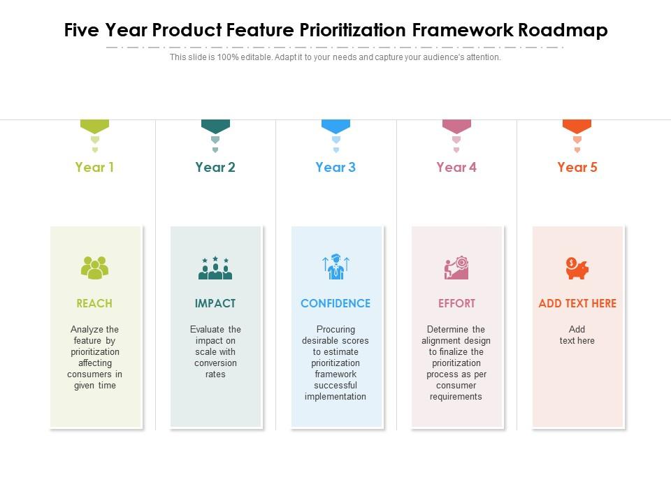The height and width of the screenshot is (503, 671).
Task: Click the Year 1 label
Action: click(x=94, y=167)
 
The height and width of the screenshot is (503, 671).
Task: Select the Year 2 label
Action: click(x=215, y=167)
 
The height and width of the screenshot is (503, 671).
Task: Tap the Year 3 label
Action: click(x=335, y=167)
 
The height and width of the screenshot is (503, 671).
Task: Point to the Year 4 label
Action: click(x=456, y=167)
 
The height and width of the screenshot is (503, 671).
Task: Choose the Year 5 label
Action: click(x=577, y=167)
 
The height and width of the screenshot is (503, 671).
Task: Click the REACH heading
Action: click(x=94, y=303)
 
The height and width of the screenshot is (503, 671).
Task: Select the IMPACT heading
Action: click(x=215, y=303)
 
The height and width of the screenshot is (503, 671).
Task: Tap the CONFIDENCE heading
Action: click(x=335, y=303)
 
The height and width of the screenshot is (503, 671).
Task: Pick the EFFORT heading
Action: click(x=456, y=303)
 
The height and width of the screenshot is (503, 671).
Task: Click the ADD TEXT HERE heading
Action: click(x=577, y=303)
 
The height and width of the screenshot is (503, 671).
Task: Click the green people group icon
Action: click(x=94, y=268)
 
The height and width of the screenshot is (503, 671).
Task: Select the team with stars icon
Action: click(x=215, y=268)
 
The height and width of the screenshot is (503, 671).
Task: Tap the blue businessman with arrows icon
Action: click(x=335, y=267)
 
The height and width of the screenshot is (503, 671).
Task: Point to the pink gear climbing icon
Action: click(x=456, y=268)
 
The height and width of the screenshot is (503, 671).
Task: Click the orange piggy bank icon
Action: click(x=577, y=268)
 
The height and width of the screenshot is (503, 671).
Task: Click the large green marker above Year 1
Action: click(x=94, y=126)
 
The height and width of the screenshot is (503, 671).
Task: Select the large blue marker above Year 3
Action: click(x=335, y=126)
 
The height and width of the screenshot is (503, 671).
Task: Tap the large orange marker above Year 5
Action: click(x=577, y=126)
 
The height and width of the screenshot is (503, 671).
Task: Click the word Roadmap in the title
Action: click(x=563, y=31)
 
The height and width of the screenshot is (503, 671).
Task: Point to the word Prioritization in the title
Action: click(x=353, y=31)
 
